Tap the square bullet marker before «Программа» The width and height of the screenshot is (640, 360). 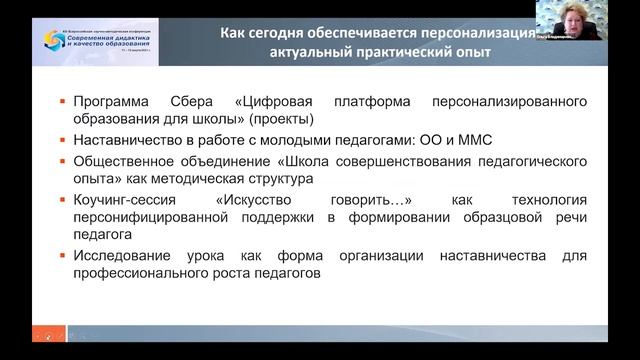pyautogui.click(x=63, y=102)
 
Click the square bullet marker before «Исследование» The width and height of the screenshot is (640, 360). pyautogui.click(x=63, y=255)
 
